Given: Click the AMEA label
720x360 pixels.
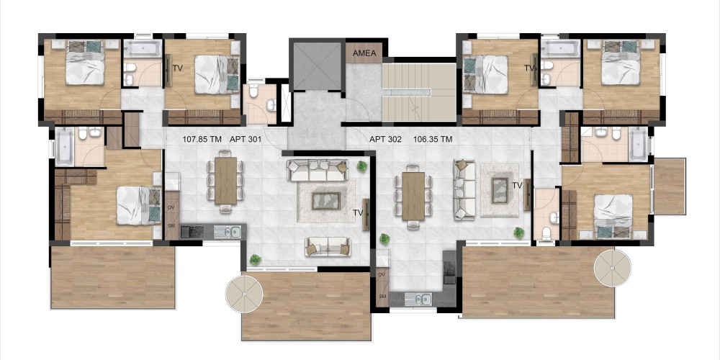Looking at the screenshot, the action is point(364,53).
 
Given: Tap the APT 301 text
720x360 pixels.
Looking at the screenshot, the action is point(246,139).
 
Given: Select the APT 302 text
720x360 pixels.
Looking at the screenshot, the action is point(385,139).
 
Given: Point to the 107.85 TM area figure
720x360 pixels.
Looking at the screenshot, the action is point(202,139).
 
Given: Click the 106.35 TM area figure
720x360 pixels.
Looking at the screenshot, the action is point(433,139).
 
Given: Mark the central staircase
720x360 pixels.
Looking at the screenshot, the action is point(419,92).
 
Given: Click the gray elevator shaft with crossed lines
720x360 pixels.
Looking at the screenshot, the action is point(318,66).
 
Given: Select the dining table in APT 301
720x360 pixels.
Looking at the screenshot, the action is point(225,181).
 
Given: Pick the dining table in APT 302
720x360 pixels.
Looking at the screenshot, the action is point(413,196).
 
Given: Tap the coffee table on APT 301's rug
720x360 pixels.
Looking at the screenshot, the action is point(326,201).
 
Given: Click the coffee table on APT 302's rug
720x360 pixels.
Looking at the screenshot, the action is point(500,191).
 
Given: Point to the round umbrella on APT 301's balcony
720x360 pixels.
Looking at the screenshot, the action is point(244,294).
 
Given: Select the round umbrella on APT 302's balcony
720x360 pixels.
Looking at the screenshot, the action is point(613,268).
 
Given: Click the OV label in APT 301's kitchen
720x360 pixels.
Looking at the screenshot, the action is point(171,207).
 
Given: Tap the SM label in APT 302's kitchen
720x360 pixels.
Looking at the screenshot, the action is point(382,297).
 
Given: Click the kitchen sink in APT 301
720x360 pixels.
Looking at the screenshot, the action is point(228,232).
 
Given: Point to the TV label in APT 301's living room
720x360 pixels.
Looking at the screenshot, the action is point(359,212).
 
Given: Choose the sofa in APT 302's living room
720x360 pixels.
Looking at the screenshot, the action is point(464,190).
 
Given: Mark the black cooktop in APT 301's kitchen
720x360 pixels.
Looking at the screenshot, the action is point(191,232).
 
